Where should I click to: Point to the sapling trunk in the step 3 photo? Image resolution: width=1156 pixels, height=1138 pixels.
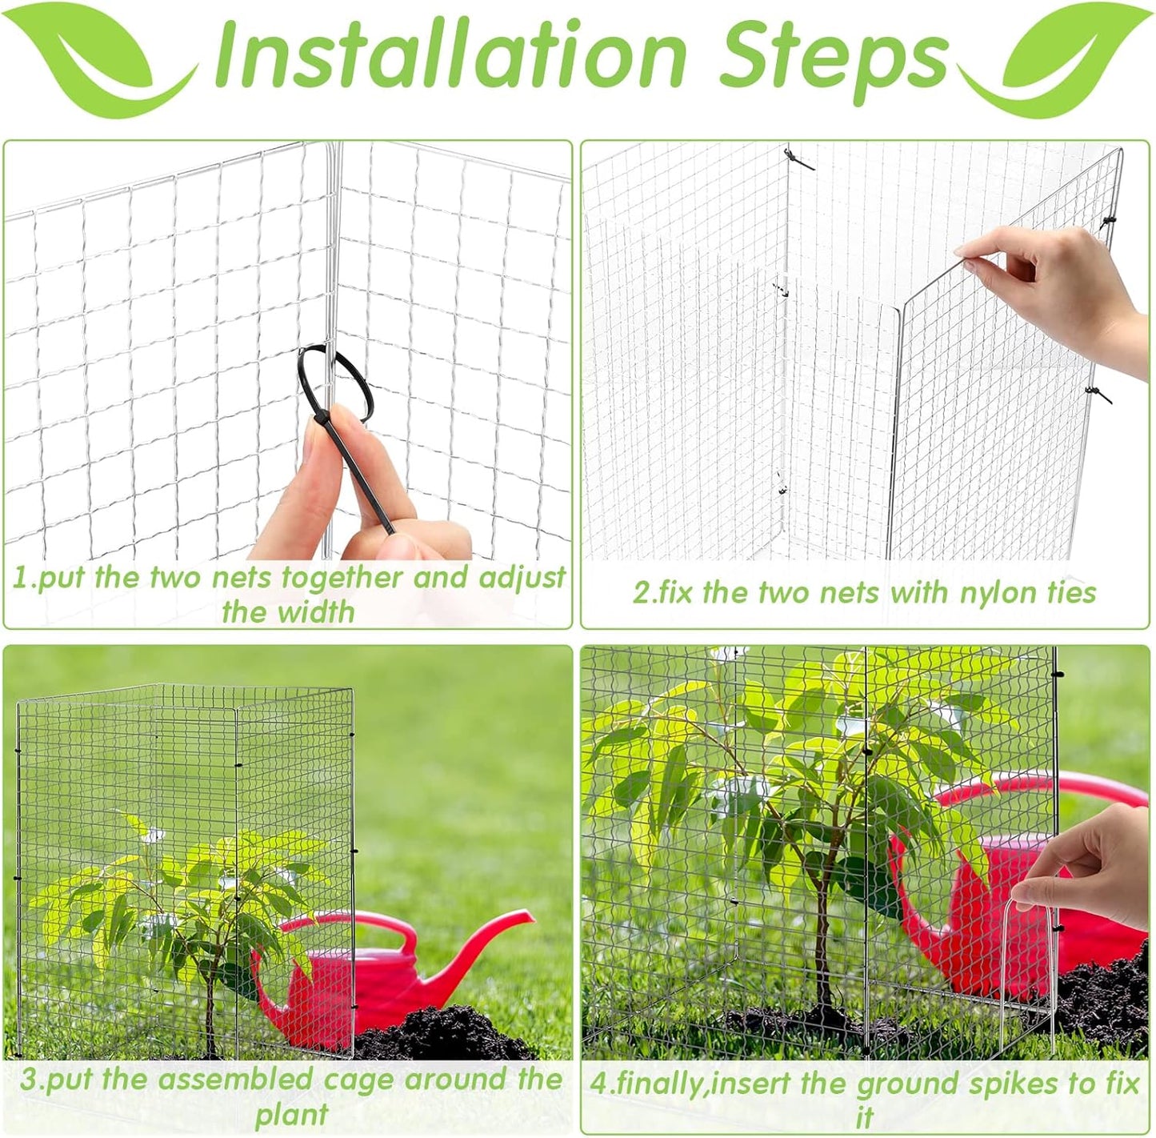pyautogui.click(x=210, y=1008)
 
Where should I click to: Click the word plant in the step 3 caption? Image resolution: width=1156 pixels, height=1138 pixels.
pyautogui.click(x=291, y=1114)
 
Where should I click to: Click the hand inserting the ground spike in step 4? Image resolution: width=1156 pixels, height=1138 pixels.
pyautogui.click(x=1096, y=864)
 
